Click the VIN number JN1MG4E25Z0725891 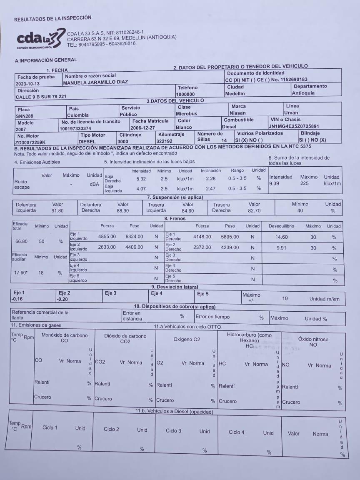tap(294, 126)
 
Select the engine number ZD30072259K tap(30, 142)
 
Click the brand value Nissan tap(238, 113)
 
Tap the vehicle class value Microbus tap(186, 113)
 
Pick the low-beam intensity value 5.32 tap(141, 178)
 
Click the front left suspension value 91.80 tap(57, 211)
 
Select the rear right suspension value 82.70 tap(254, 211)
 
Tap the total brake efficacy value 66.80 tap(21, 241)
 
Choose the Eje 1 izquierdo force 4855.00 tap(107, 237)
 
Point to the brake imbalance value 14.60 tap(282, 237)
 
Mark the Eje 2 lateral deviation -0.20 tap(63, 299)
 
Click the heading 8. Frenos tap(175, 218)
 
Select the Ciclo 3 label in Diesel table tap(173, 431)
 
